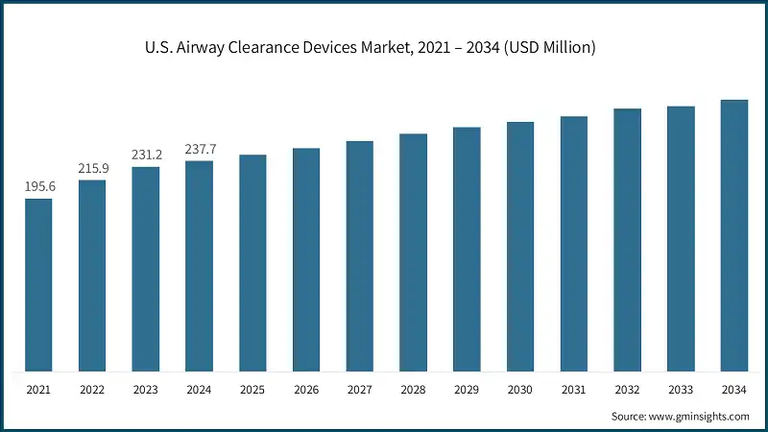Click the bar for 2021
38,285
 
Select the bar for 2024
199,266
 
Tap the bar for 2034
734,235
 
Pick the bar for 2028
413,252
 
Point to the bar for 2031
574,244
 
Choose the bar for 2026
306,259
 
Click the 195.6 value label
39,186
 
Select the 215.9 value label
92,168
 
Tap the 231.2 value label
146,155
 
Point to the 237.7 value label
200,149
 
